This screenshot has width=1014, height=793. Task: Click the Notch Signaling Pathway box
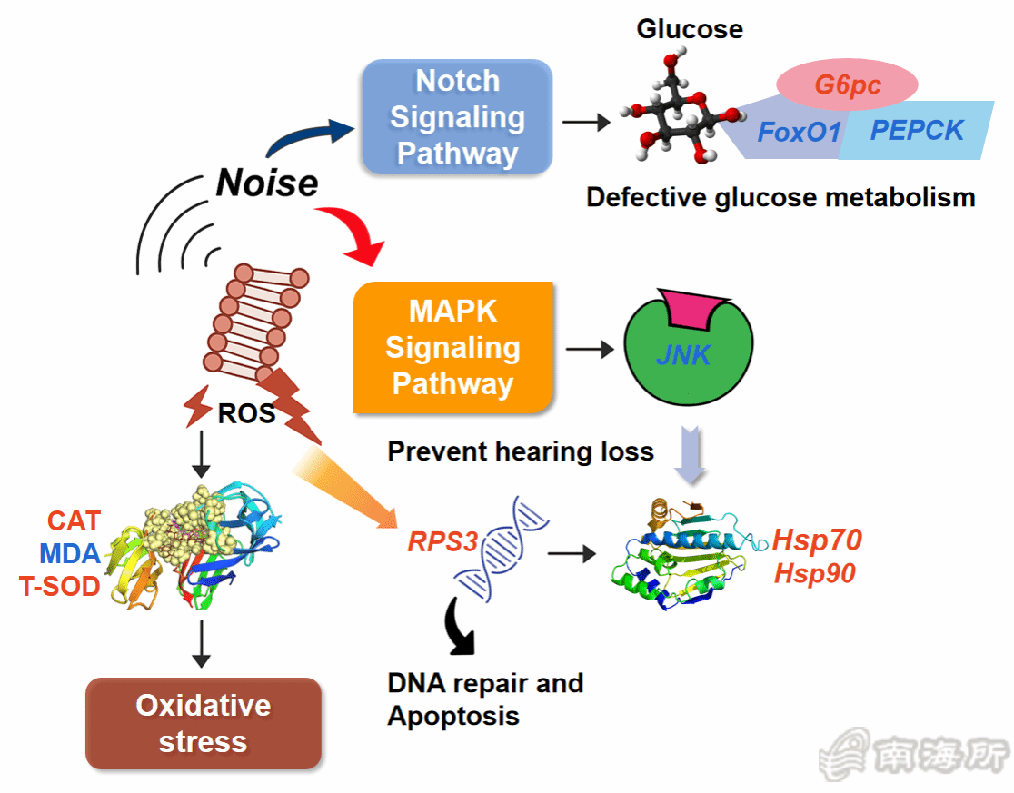coord(457,117)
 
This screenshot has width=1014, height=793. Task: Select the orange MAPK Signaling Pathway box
coord(452,347)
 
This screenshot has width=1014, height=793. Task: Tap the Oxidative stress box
coord(203,723)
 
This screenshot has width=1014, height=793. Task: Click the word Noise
coord(267,183)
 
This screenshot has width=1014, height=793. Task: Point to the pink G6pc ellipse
coord(847,84)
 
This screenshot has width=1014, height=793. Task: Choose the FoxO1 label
coord(800,132)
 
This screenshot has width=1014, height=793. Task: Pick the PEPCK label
coord(916,130)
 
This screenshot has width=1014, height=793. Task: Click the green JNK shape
coord(683,358)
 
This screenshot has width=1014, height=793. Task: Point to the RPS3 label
coord(442,542)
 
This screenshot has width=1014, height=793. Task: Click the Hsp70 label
coord(816,540)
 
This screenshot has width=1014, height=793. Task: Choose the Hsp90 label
coord(814,573)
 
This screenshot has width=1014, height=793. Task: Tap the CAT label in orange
coord(74,521)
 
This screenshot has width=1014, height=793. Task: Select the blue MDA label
coord(70,553)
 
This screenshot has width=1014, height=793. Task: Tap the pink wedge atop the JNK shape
coord(695,310)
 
